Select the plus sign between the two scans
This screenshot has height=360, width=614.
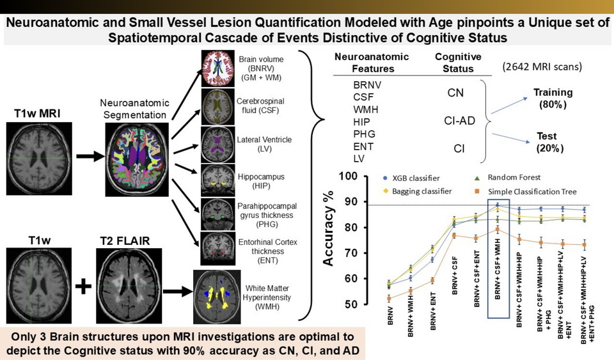(x=82, y=288)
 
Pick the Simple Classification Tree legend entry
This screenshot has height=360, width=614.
(x=530, y=191)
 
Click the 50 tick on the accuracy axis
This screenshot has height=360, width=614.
(x=350, y=304)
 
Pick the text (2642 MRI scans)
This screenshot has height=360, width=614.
(x=543, y=67)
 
